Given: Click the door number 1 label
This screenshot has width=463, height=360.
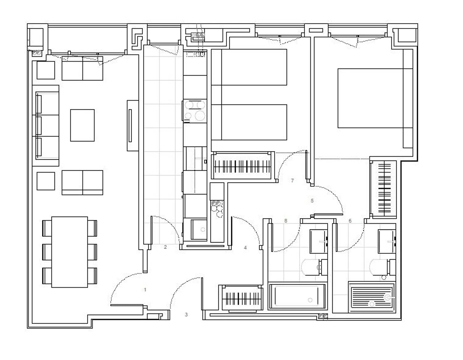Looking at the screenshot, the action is (145, 290).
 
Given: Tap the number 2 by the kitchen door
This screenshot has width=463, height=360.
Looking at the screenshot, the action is (165, 247).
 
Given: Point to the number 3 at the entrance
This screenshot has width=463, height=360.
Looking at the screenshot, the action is (186, 314).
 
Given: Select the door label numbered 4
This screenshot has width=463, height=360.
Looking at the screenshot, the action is (245, 248).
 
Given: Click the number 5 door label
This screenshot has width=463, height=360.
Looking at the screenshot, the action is (312, 200).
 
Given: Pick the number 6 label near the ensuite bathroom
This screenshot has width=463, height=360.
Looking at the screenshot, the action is (350, 221).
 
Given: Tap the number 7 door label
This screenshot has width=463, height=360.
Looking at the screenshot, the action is (292, 180).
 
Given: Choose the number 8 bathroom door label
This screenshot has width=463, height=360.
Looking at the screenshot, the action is (286, 221).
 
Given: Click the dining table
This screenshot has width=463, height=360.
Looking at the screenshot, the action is (69, 252).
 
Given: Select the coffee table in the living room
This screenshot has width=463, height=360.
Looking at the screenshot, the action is (82, 125).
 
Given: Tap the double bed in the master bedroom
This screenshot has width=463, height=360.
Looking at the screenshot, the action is (375, 98).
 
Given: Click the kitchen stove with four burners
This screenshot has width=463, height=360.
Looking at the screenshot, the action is (195, 111).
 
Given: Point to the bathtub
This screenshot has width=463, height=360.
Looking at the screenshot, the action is (298, 296).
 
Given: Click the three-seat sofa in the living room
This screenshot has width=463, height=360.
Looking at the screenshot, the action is (46, 125).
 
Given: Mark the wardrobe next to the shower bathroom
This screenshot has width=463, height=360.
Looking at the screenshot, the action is (383, 189).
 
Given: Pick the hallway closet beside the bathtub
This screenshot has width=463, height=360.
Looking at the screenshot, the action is (242, 299).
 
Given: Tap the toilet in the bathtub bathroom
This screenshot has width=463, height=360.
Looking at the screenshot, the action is (314, 267).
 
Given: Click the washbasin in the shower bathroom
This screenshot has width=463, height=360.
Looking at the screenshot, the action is (387, 241).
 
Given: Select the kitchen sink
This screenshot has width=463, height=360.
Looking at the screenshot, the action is (199, 230).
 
